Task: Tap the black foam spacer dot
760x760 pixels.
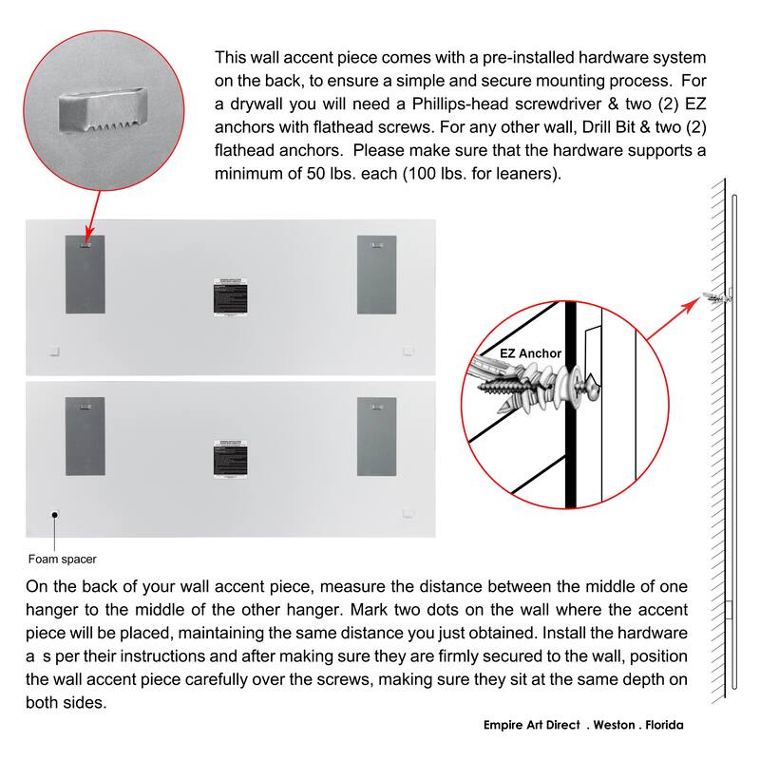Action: [56, 515]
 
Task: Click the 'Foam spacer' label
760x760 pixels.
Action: [62, 559]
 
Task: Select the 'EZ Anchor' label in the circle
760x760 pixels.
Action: [530, 353]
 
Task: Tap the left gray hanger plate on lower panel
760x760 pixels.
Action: [85, 437]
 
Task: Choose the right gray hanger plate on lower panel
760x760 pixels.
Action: [376, 437]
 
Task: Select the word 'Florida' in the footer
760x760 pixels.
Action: [662, 725]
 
